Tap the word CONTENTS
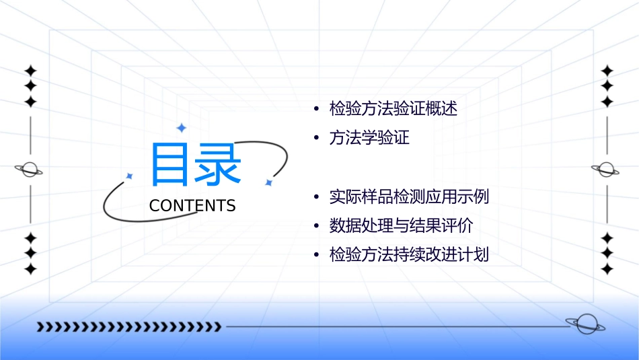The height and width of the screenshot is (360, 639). click(x=192, y=206)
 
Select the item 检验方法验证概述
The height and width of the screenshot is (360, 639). click(x=393, y=109)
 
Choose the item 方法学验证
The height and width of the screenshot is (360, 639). click(x=369, y=138)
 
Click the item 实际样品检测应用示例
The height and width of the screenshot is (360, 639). click(x=409, y=197)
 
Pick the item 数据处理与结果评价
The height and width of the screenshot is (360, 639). click(x=401, y=226)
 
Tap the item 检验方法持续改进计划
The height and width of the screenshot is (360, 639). click(x=409, y=255)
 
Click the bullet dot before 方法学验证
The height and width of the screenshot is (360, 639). click(x=315, y=139)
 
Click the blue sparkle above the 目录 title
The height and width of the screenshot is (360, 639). click(x=181, y=127)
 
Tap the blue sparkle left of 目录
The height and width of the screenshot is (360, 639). click(x=129, y=176)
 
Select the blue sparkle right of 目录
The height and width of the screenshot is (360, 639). click(x=268, y=182)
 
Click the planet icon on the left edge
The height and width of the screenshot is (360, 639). click(x=30, y=170)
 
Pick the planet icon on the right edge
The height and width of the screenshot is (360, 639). click(x=607, y=170)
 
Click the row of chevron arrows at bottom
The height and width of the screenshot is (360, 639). click(x=128, y=327)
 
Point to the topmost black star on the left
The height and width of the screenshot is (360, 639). click(x=30, y=71)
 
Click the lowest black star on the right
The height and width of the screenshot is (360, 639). click(x=607, y=269)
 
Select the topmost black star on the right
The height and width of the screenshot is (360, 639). click(x=607, y=71)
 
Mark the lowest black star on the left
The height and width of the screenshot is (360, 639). click(x=30, y=269)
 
